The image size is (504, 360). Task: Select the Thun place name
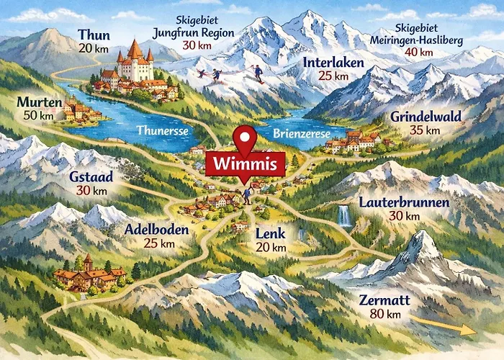(x=94, y=35)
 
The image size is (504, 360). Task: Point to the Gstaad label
(x=90, y=177)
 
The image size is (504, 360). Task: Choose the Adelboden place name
(x=156, y=230)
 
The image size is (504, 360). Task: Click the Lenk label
(x=271, y=234)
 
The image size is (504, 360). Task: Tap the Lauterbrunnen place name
(x=404, y=202)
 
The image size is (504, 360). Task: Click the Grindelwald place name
(x=426, y=116)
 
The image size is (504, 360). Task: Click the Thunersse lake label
(x=163, y=131)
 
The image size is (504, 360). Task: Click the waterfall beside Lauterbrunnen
(x=345, y=215)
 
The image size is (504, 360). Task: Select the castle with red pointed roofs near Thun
(x=135, y=63)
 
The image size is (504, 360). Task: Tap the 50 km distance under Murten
(x=32, y=116)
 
